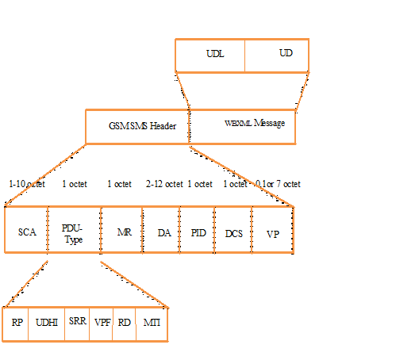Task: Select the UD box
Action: pyautogui.click(x=277, y=55)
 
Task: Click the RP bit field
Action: pyautogui.click(x=17, y=324)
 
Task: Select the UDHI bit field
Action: pyautogui.click(x=47, y=324)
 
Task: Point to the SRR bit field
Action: pyautogui.click(x=77, y=324)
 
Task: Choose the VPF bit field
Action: pyautogui.click(x=101, y=324)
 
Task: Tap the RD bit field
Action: pyautogui.click(x=124, y=324)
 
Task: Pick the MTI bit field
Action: pyautogui.click(x=152, y=324)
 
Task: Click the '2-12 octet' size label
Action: pyautogui.click(x=164, y=184)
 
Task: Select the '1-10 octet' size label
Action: pyautogui.click(x=27, y=184)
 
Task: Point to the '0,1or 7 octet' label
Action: pyautogui.click(x=278, y=184)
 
